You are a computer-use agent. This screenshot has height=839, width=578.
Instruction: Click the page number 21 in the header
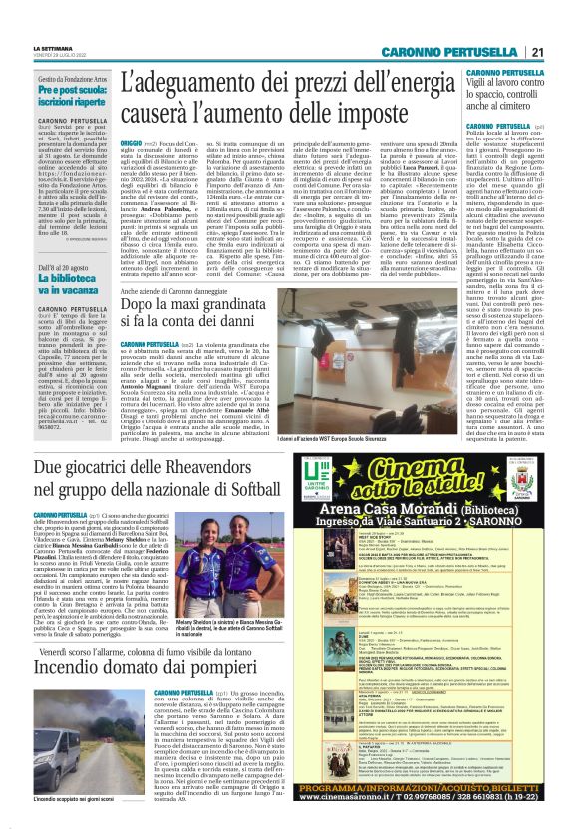tap(564, 52)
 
